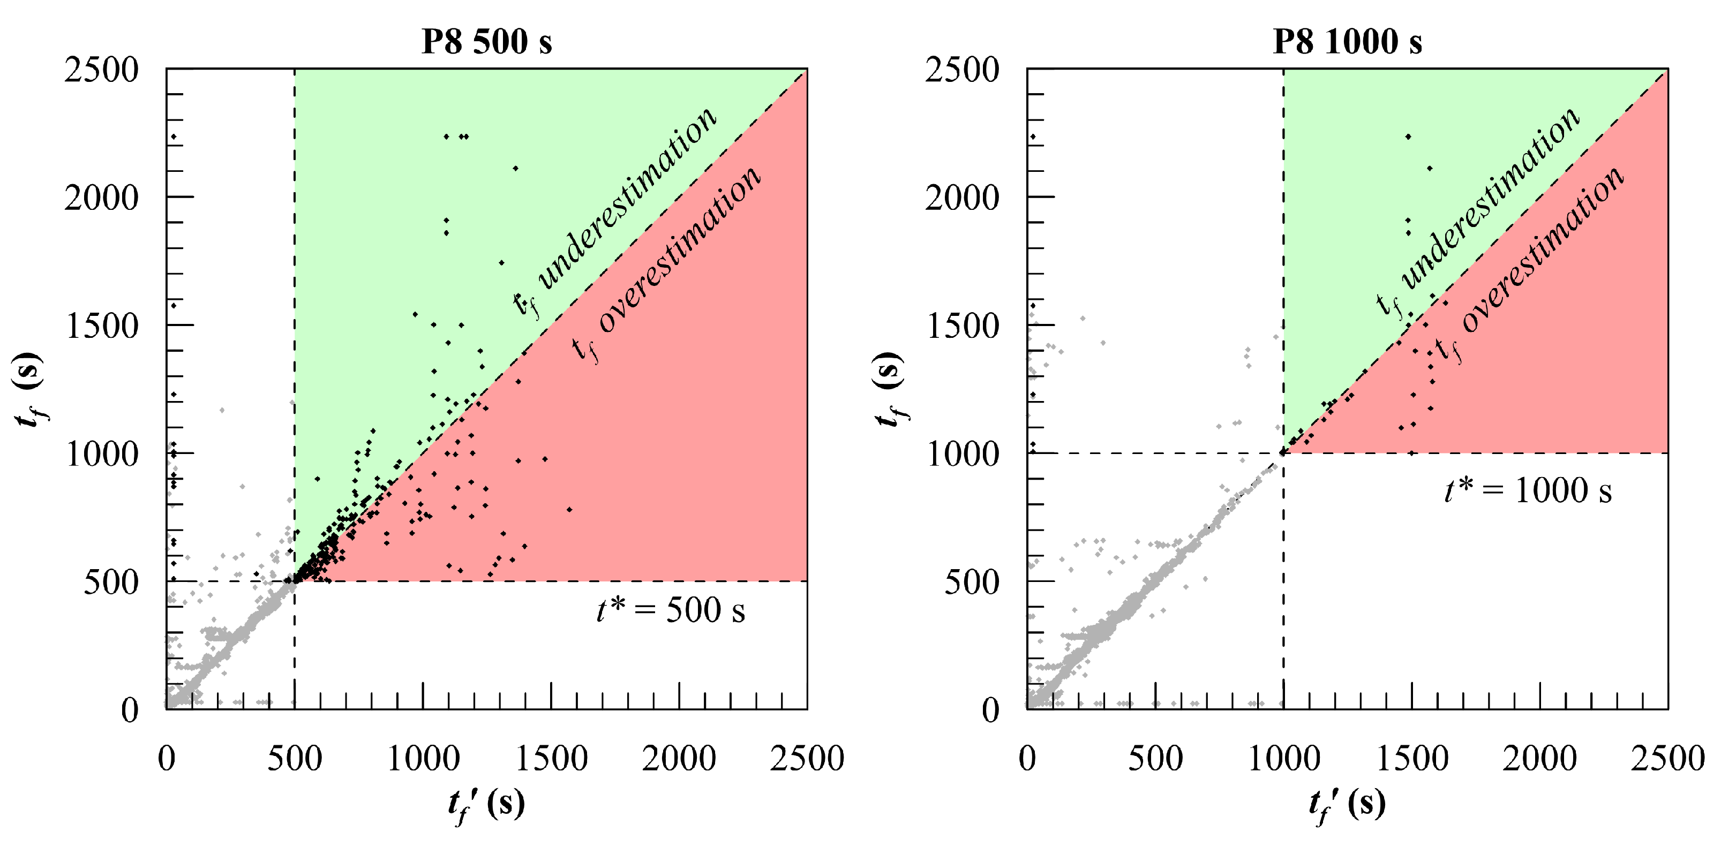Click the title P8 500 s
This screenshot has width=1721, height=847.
[x=486, y=41]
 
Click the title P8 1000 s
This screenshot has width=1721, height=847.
[x=1347, y=41]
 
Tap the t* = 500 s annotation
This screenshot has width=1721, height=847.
[x=670, y=610]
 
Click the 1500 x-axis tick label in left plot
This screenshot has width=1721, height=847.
[x=551, y=759]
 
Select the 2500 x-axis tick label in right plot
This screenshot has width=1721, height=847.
[x=1667, y=759]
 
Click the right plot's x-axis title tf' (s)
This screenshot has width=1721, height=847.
[x=1347, y=804]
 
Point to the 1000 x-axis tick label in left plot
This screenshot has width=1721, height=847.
[x=423, y=759]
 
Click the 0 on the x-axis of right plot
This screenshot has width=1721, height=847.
[x=1027, y=759]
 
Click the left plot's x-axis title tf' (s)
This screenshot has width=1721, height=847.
[x=486, y=804]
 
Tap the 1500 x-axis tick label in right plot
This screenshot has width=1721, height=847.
[x=1412, y=759]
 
